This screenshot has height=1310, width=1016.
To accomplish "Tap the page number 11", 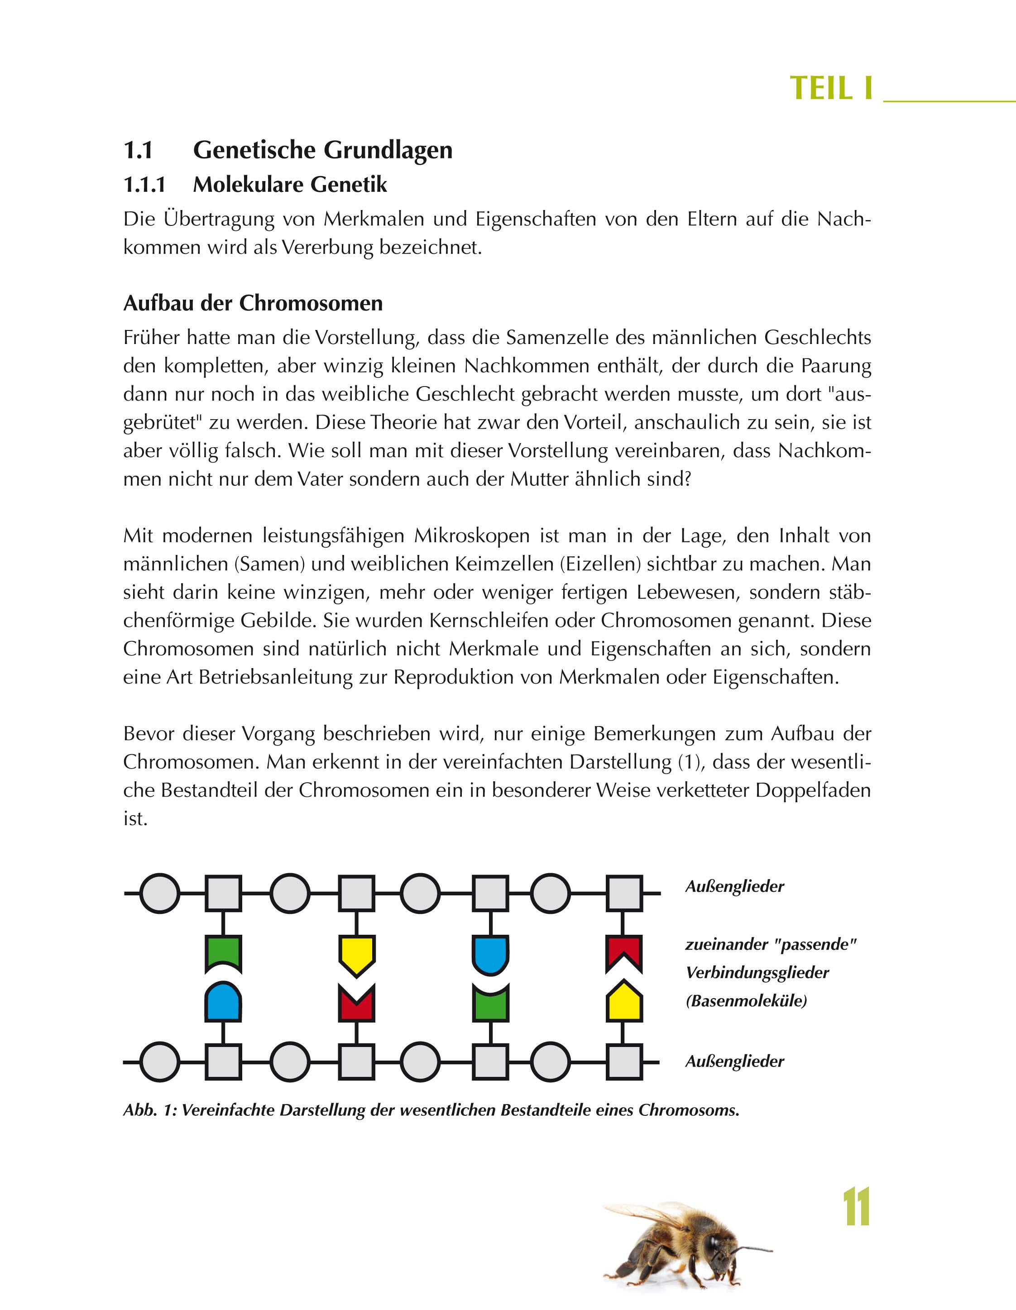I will point(856,1207).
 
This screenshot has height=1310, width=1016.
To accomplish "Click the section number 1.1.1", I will point(144,185).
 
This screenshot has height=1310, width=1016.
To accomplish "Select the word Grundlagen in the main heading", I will point(388,150).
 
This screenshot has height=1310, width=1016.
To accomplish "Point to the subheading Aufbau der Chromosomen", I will point(253,303).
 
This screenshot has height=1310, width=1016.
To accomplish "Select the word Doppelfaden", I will point(813,790).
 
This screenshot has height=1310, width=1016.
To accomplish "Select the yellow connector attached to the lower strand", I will point(624,1002).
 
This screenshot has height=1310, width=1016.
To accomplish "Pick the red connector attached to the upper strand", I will point(624,951).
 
